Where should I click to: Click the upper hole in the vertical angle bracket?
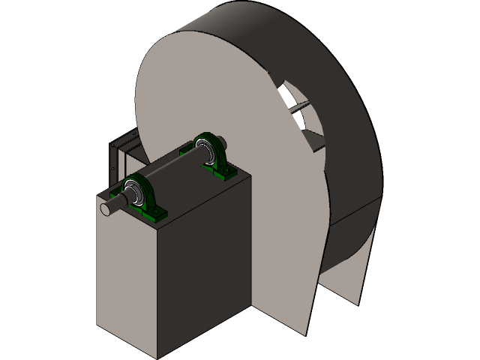[x=115, y=147]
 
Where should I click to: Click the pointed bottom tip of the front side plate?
[x=306, y=332]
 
